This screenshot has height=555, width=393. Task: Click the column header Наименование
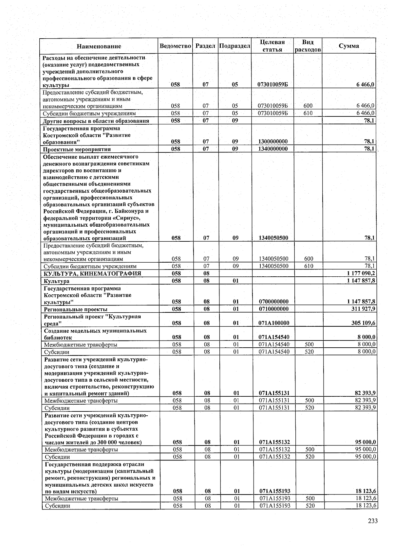[99, 46]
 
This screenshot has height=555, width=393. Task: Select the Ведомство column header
[175, 46]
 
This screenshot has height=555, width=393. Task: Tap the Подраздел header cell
[234, 46]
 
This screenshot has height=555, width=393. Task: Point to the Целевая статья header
[272, 46]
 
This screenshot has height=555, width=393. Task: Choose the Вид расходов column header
[308, 46]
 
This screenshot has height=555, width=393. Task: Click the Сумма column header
[349, 46]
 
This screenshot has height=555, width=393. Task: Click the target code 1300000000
[273, 142]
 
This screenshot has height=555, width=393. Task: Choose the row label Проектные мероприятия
[77, 149]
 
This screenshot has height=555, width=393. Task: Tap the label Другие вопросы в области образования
[96, 121]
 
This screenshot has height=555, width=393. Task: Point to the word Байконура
[125, 211]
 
